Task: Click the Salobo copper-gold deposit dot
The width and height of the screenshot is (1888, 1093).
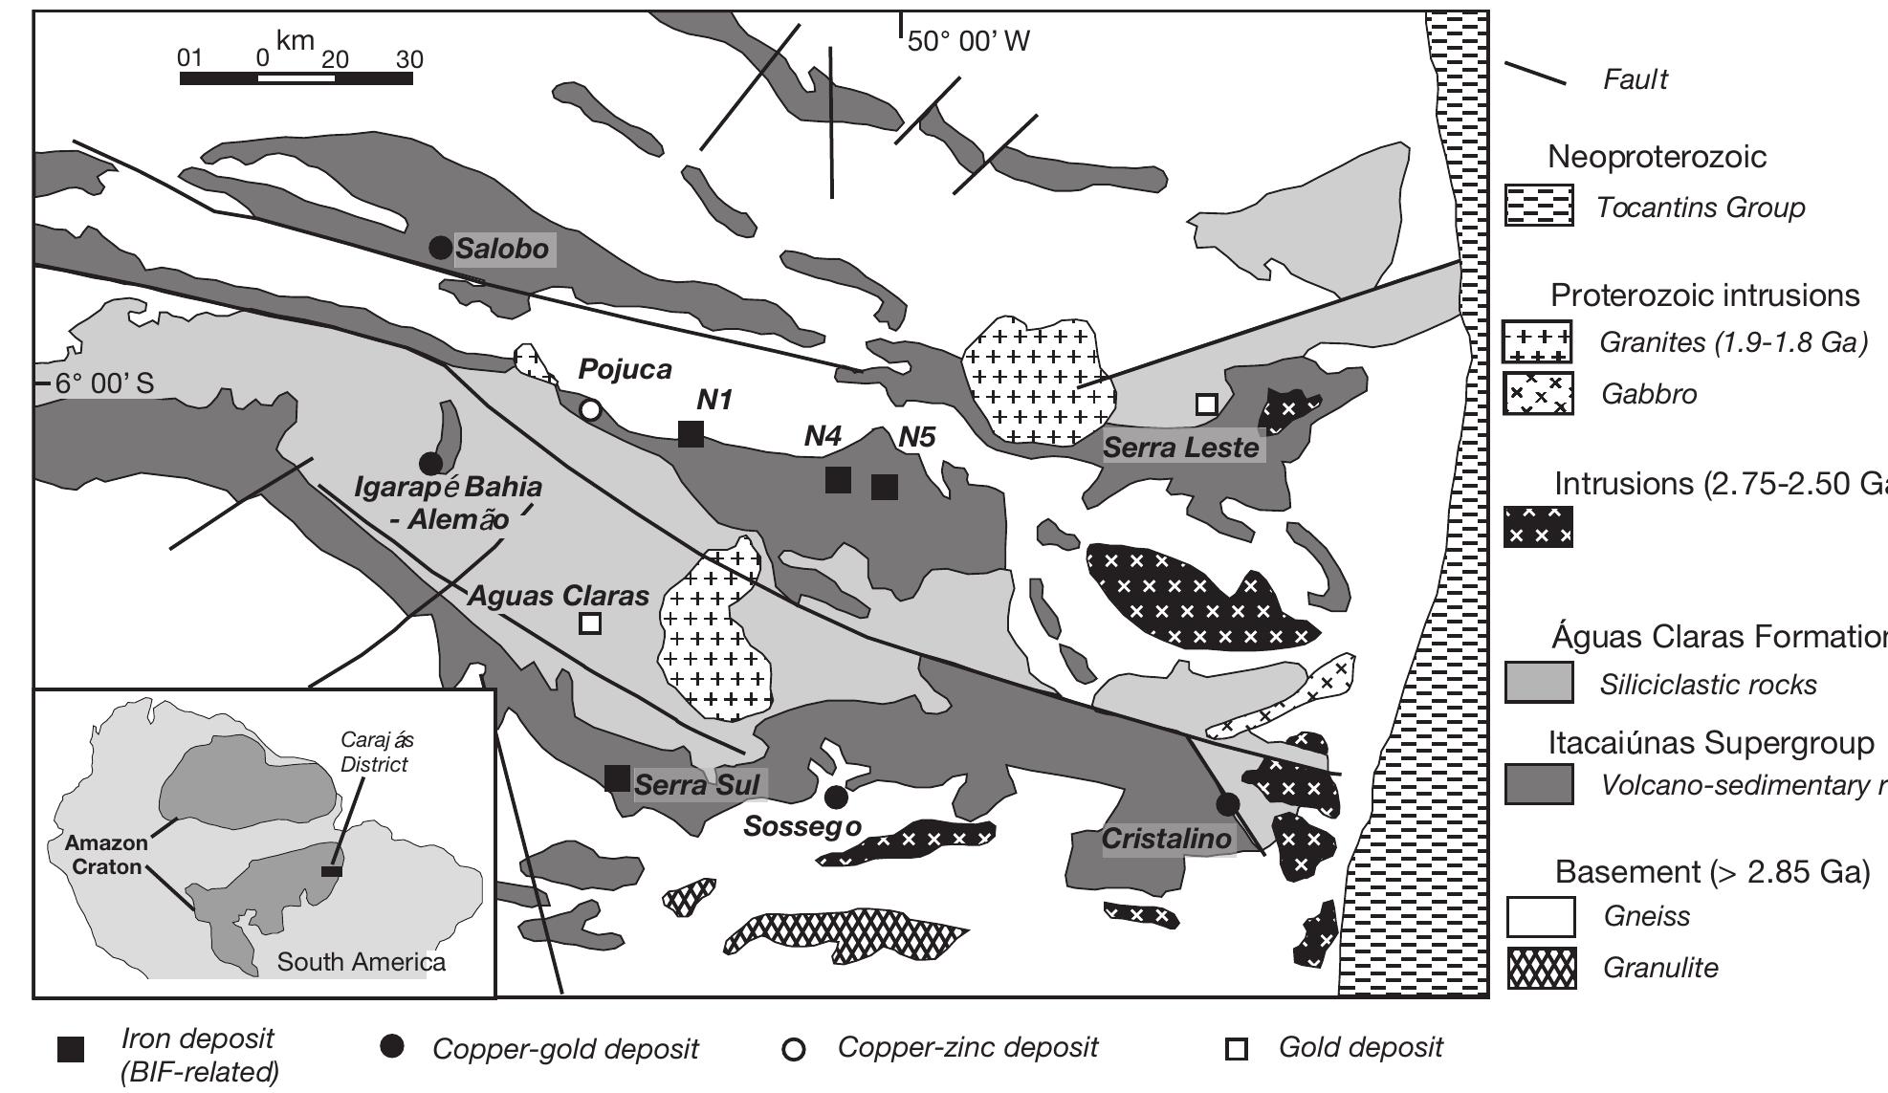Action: [440, 248]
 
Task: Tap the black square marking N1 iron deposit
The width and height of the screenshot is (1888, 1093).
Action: [691, 433]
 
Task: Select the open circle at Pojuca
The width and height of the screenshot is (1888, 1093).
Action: [591, 410]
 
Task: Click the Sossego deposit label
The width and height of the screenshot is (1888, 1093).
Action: [802, 826]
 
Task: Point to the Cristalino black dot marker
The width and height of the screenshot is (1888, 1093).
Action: [1228, 803]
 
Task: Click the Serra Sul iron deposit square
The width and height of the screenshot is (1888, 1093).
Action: [617, 778]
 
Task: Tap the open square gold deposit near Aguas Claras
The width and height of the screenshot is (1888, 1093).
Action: [590, 623]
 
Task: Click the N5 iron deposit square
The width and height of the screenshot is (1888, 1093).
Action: [885, 487]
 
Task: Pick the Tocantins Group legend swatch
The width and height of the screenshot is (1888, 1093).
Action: [1538, 207]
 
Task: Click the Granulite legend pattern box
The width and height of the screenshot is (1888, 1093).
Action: [1540, 969]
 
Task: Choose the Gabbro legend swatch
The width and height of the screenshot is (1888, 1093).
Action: [1538, 393]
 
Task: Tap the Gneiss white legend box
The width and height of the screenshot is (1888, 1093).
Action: [1540, 916]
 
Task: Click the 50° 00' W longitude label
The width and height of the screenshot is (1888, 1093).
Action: [968, 41]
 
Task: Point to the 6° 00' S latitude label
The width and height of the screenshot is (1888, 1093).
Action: [103, 383]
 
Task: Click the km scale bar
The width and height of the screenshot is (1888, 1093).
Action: [296, 77]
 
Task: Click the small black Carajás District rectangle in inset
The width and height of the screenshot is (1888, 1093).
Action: [332, 871]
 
